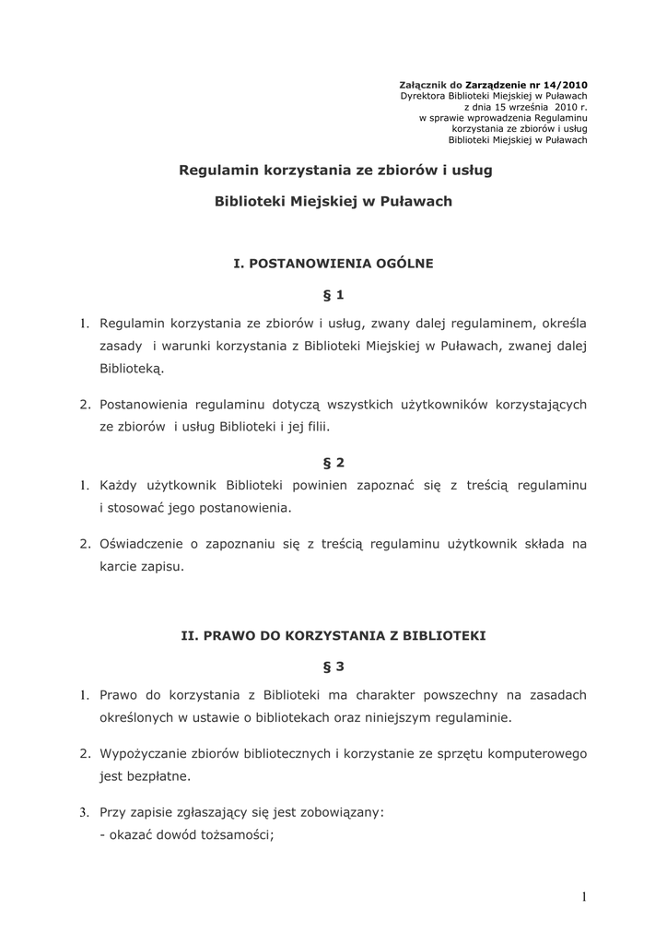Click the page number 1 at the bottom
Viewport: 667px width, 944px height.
584,897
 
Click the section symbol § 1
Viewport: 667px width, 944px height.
333,295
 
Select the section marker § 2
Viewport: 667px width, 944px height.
333,462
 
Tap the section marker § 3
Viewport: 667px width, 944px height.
333,666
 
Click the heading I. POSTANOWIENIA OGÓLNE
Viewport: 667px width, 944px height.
333,263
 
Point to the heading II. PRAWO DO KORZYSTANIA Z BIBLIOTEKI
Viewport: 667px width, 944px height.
333,635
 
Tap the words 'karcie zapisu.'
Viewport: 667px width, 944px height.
142,566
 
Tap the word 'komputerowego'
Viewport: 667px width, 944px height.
538,753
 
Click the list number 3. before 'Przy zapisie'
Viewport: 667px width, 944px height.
83,812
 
